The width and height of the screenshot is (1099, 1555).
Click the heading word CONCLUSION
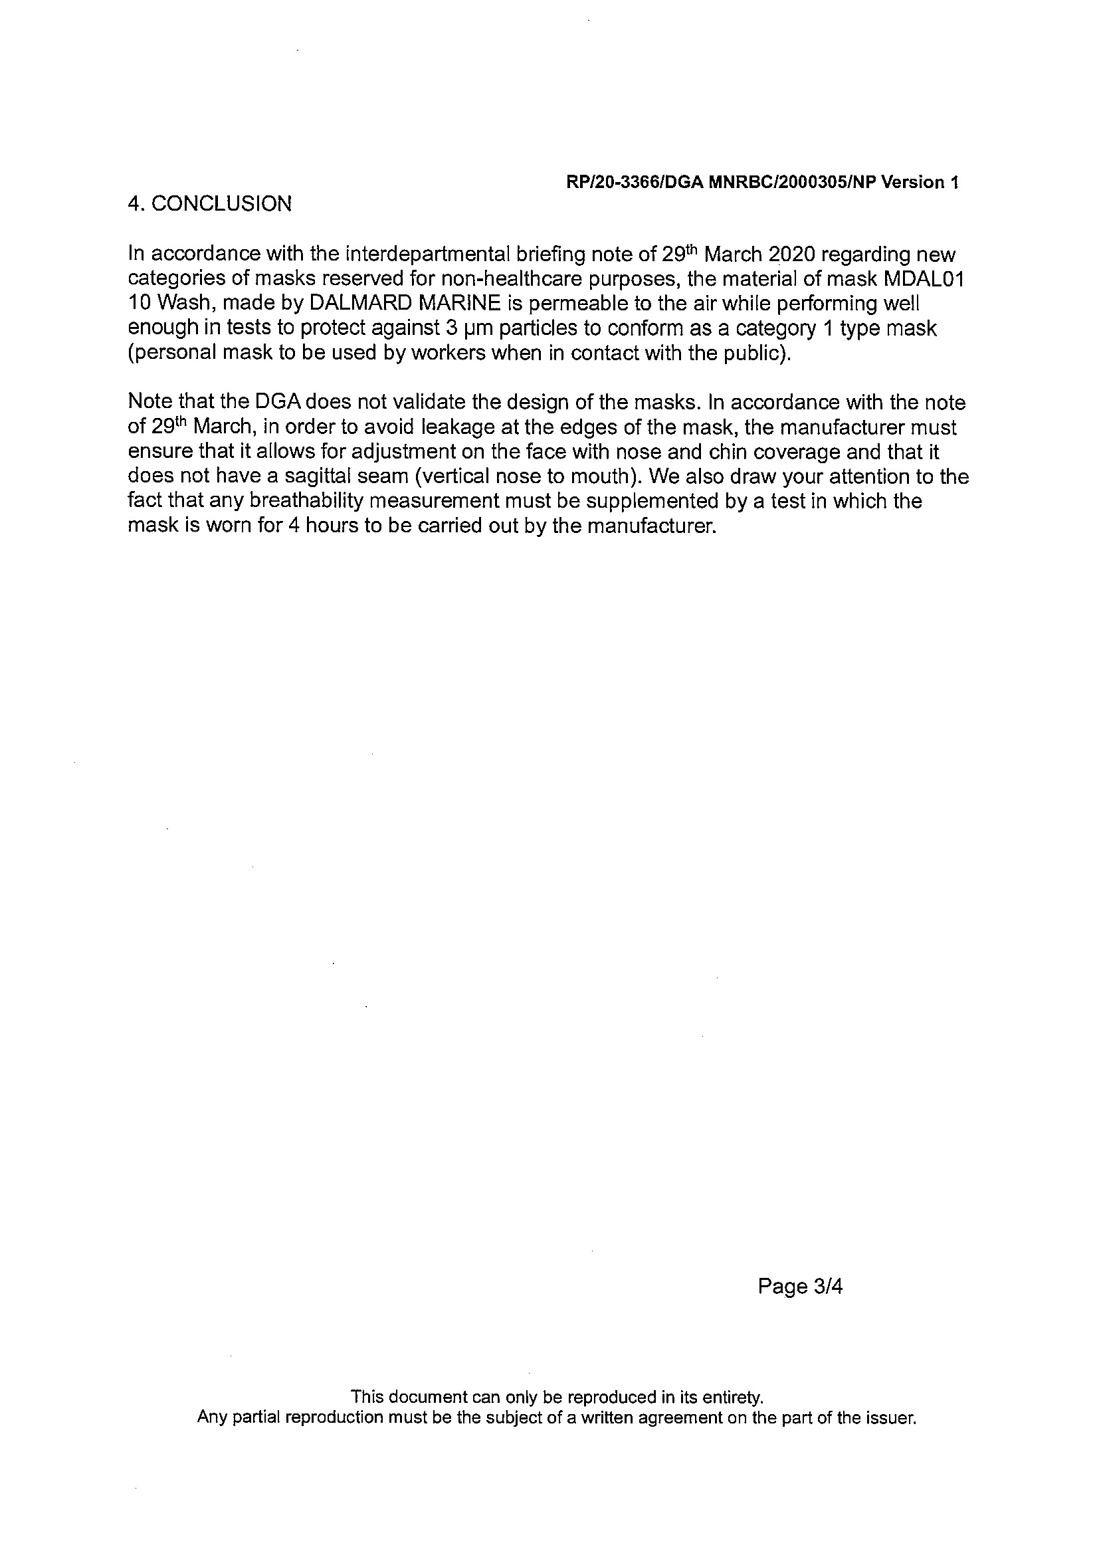click(221, 204)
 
